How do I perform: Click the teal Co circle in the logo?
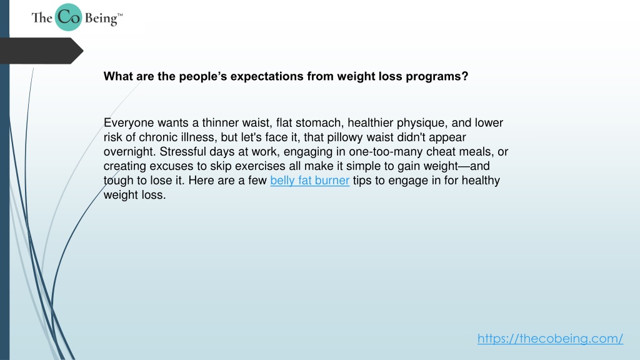coord(69,17)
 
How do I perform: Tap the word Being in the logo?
coord(101,19)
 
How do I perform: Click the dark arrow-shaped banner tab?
coord(41,51)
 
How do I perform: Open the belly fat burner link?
coord(310,181)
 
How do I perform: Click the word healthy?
coord(481,181)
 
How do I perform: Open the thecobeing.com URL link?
coord(550,338)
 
